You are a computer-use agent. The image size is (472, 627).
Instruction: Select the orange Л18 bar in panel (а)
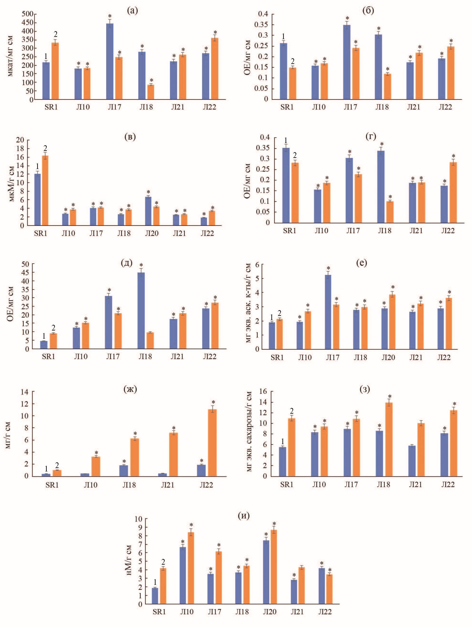pyautogui.click(x=151, y=92)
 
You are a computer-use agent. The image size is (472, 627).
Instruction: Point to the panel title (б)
pyautogui.click(x=368, y=11)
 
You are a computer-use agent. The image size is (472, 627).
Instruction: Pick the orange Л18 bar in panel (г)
pyautogui.click(x=390, y=212)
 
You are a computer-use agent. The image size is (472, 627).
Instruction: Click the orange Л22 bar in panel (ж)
pyautogui.click(x=212, y=443)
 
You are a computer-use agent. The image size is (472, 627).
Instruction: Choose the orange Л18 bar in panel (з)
pyautogui.click(x=389, y=439)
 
